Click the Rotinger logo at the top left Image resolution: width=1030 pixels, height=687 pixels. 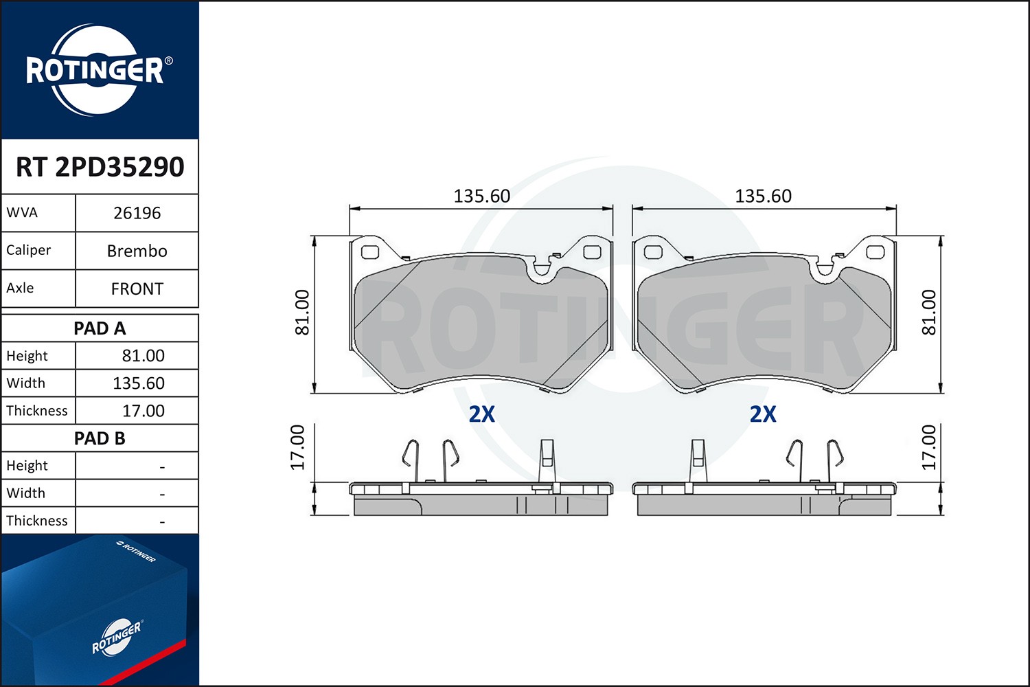point(96,70)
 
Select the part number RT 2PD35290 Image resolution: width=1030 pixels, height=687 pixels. point(100,167)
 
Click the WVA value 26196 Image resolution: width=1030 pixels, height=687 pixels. point(137,213)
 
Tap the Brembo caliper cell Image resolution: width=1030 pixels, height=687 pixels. point(137,251)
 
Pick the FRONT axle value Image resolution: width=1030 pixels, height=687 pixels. point(137,289)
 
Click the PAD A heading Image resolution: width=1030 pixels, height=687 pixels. point(100,328)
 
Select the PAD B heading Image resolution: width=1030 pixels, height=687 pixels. point(100,438)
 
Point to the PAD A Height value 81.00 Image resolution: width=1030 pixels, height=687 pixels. point(143,356)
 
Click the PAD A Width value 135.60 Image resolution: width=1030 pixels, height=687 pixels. point(139,383)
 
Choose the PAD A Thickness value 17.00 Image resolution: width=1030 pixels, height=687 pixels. point(143,411)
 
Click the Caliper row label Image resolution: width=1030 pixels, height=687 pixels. point(29,250)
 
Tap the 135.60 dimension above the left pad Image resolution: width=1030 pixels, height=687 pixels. point(481,196)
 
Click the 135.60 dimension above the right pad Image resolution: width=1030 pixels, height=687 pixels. point(763,196)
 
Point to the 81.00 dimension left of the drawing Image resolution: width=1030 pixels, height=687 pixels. point(302,313)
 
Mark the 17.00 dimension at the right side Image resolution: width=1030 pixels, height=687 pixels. point(928,447)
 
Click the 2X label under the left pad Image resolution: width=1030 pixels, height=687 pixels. point(481,414)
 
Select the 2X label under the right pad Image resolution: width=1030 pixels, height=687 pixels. point(763,414)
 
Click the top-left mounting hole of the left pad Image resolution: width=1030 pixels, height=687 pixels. point(370,252)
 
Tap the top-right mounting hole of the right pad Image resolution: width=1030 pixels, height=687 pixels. point(875,252)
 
